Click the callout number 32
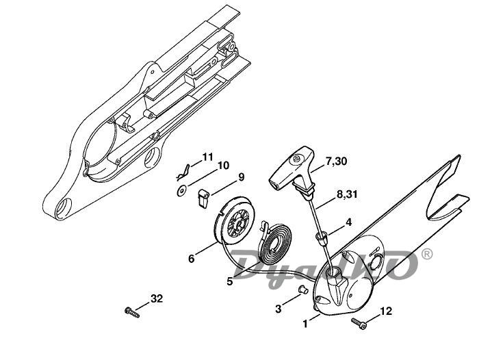157,298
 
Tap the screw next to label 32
132,312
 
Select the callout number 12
386,311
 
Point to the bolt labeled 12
359,324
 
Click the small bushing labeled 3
302,289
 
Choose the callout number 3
278,309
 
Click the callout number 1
305,324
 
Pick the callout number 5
230,281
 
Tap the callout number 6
191,259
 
